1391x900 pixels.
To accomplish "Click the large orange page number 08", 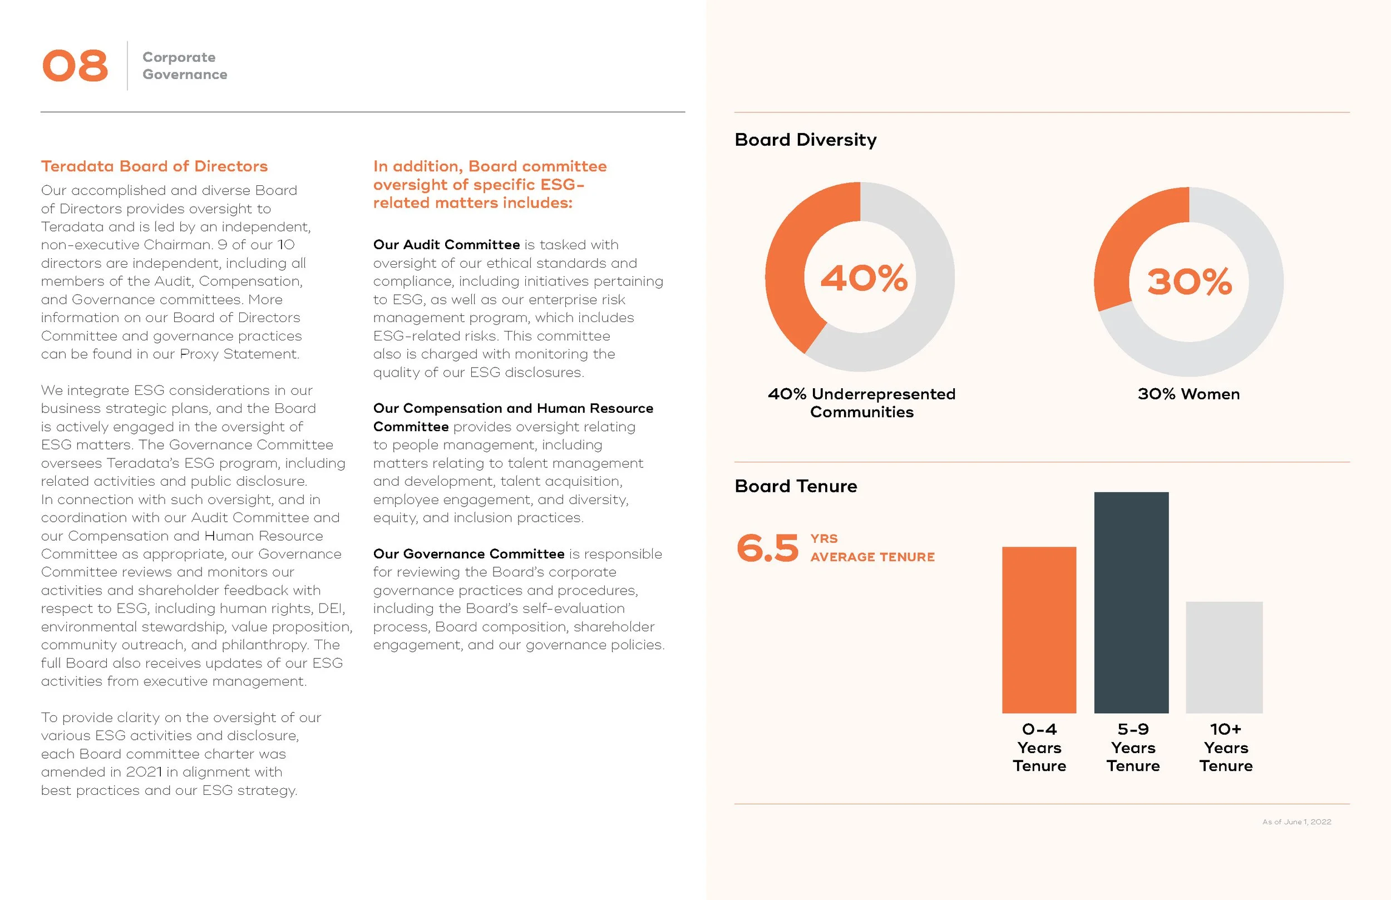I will (x=75, y=66).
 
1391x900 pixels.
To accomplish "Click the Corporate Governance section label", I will (x=184, y=66).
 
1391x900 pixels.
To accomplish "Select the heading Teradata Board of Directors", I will (x=154, y=166).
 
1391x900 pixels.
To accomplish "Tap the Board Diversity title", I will (x=805, y=140).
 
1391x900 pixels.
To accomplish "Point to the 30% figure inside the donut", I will (x=1189, y=281).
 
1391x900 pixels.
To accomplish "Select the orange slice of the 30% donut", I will (x=1125, y=245).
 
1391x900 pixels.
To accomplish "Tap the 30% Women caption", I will (x=1188, y=394).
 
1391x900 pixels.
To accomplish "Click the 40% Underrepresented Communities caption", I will (x=861, y=403).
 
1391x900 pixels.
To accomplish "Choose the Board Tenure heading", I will (x=796, y=486).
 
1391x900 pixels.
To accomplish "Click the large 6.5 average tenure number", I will (x=767, y=548).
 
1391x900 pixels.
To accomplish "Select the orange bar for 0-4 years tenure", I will (x=1039, y=630).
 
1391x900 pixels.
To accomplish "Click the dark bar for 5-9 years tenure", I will (x=1131, y=602).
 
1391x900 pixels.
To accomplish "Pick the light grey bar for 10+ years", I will (x=1224, y=657).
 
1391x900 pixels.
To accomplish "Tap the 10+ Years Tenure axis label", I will (x=1226, y=748).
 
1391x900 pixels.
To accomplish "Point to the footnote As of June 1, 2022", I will (x=1296, y=822).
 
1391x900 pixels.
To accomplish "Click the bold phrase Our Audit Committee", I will (x=446, y=245).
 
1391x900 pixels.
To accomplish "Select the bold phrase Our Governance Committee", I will (x=468, y=554).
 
